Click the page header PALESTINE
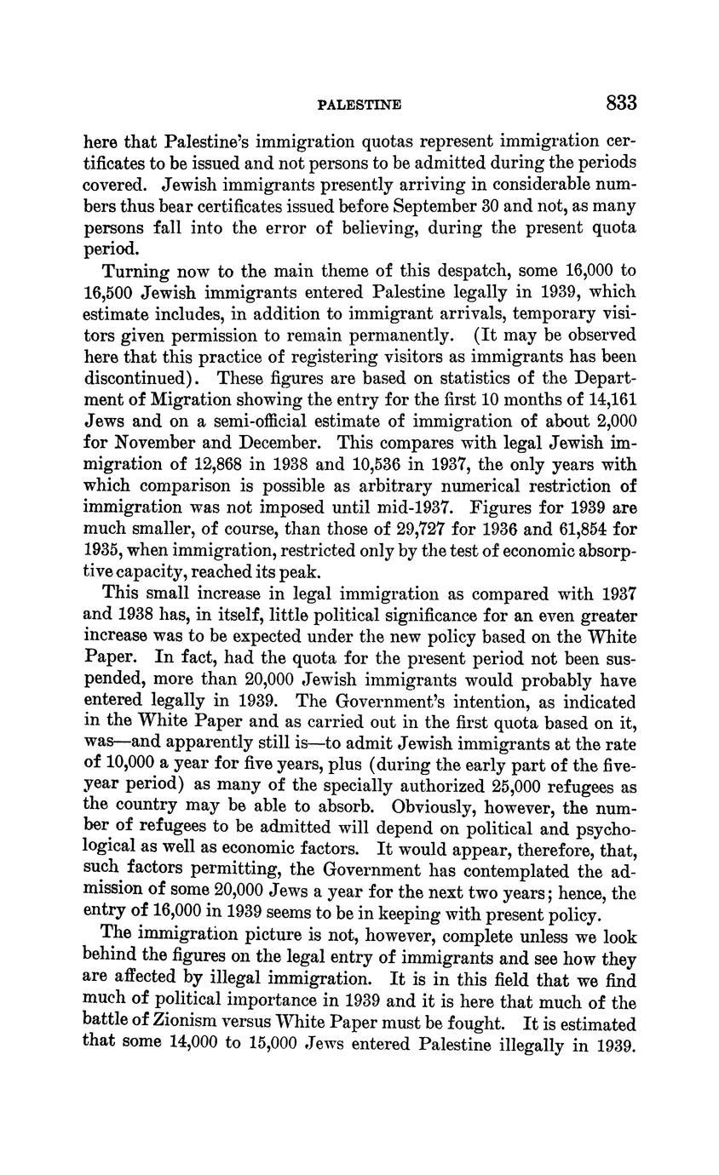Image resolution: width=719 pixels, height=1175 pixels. tap(359, 106)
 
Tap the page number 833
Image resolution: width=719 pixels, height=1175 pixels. tap(621, 104)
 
